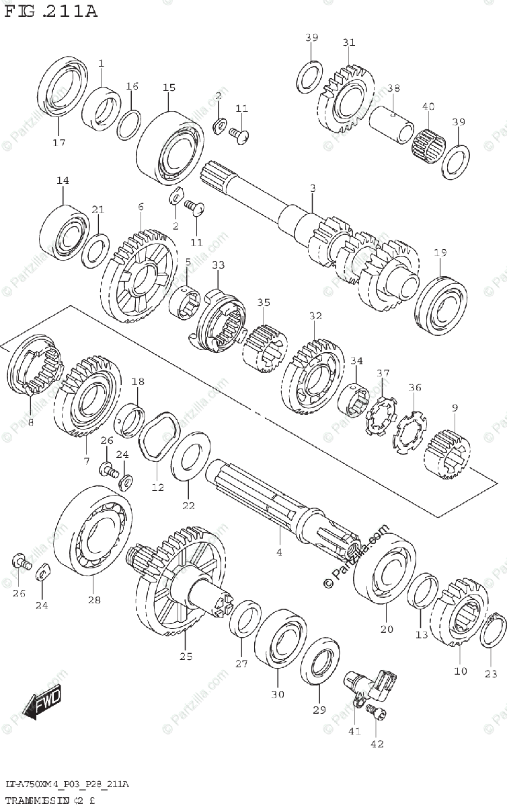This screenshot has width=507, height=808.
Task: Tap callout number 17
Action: tap(58, 142)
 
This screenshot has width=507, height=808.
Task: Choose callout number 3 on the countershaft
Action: tap(312, 188)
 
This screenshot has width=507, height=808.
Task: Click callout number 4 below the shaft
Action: tap(279, 552)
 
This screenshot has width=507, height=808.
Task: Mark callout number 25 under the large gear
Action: tap(186, 656)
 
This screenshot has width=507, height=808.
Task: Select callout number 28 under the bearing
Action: tap(93, 599)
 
